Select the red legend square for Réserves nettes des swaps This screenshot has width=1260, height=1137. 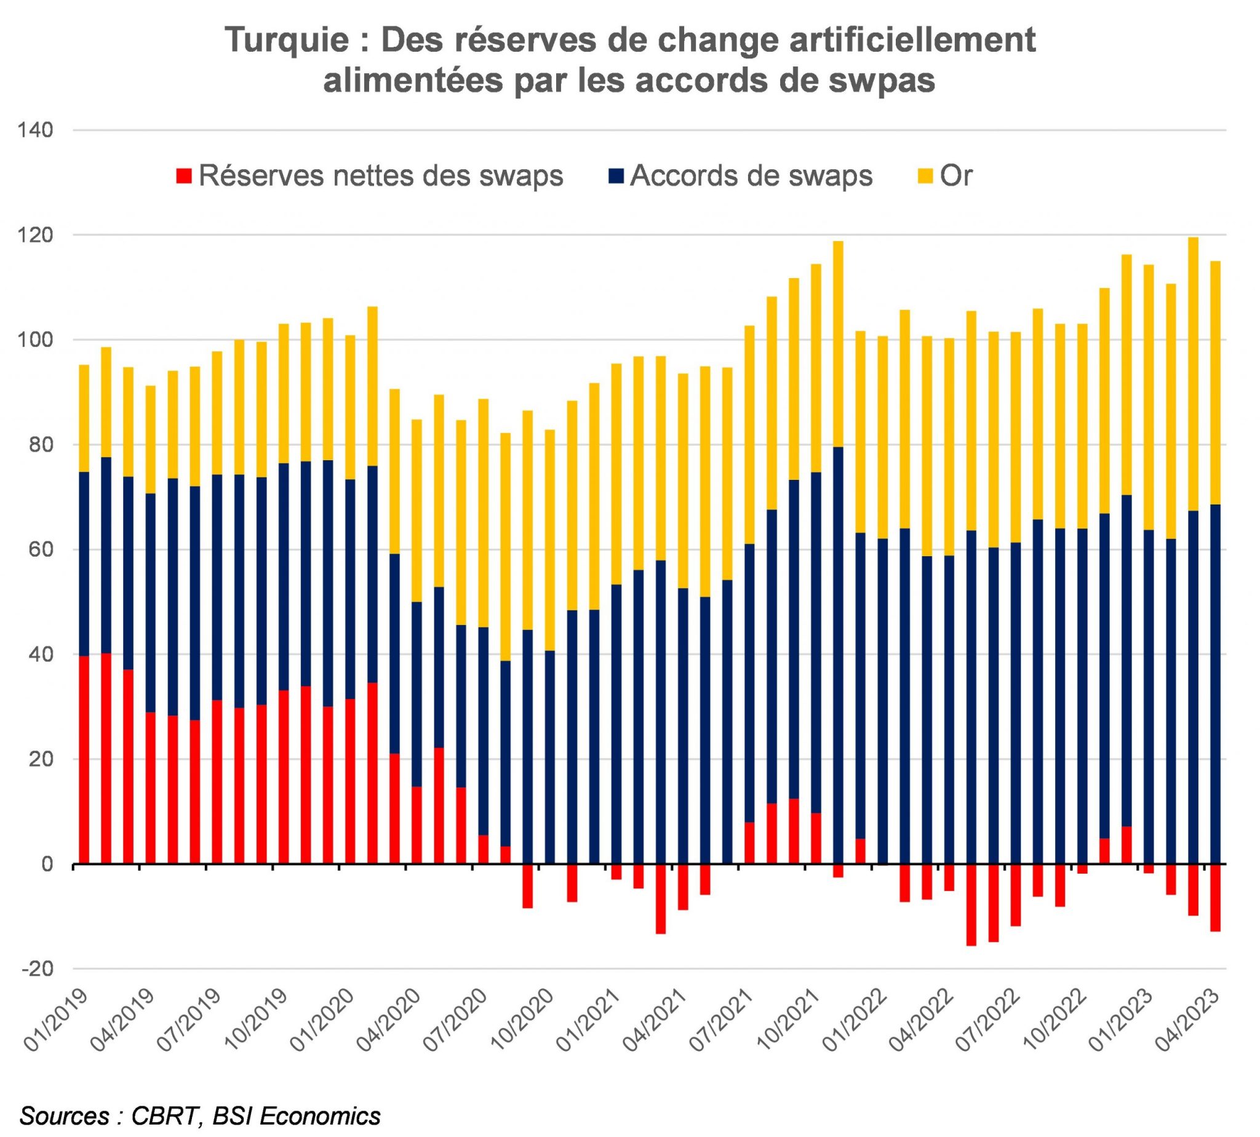(183, 177)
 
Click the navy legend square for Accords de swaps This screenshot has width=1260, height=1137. (615, 177)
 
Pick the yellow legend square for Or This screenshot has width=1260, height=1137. (925, 177)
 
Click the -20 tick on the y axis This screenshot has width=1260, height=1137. (38, 969)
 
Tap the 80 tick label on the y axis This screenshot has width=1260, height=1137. (41, 445)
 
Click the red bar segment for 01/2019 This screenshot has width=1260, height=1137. (84, 760)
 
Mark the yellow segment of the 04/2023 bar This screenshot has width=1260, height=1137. (1215, 382)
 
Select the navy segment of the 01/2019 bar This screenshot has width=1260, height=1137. (84, 564)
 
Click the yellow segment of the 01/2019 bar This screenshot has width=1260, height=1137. (84, 418)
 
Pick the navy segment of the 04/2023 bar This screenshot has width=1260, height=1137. (1215, 684)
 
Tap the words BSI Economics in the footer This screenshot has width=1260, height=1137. (296, 1115)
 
